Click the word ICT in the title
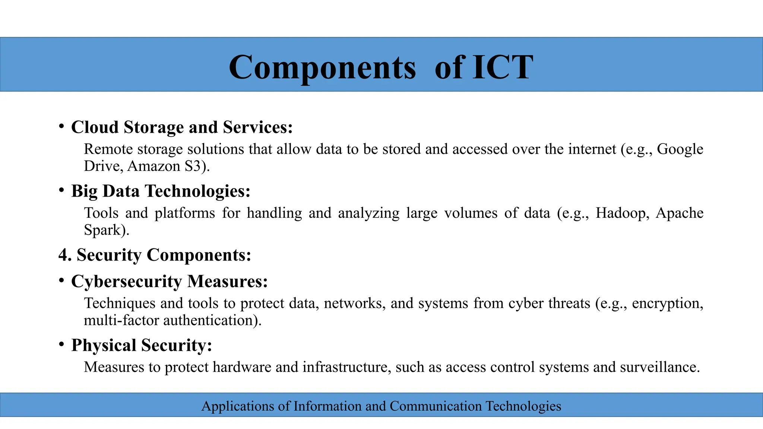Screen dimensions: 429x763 [503, 67]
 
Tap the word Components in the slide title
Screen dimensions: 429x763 [322, 67]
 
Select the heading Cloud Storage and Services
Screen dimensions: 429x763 [182, 127]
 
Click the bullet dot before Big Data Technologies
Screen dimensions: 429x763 [61, 190]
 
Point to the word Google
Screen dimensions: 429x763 [680, 149]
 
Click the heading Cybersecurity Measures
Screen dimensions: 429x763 [170, 282]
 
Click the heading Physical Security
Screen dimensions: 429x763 [142, 345]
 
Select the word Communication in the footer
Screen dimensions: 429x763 [436, 406]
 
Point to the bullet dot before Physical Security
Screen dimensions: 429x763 [61, 344]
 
